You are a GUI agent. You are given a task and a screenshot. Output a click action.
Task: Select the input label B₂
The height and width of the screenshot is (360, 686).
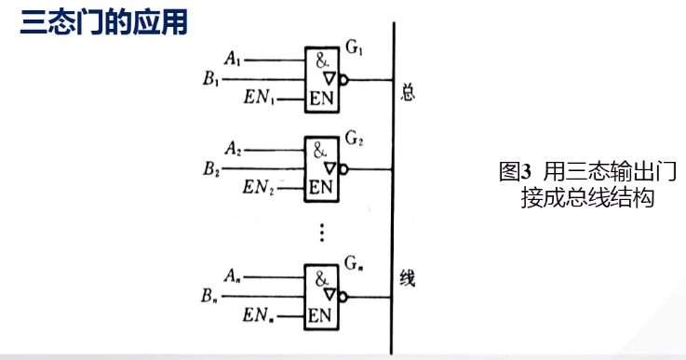(211, 169)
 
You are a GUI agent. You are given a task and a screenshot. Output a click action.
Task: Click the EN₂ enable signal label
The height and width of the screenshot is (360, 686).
(261, 187)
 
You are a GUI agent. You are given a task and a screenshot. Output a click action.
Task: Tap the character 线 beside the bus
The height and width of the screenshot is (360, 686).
(407, 278)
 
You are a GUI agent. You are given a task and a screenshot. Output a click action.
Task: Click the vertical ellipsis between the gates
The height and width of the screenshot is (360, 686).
(321, 230)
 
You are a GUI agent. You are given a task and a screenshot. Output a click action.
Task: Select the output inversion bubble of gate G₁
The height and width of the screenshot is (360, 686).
(343, 81)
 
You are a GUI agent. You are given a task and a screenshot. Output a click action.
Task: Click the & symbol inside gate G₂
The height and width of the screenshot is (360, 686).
(319, 149)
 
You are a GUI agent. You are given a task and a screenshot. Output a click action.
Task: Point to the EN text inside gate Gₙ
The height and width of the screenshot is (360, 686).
(320, 314)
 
